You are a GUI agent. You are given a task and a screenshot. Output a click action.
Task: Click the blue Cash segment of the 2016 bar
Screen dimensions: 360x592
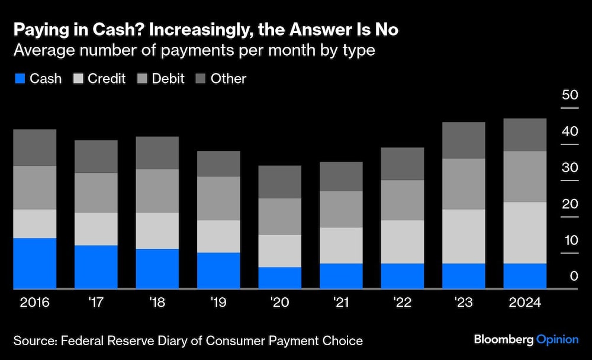pos(34,263)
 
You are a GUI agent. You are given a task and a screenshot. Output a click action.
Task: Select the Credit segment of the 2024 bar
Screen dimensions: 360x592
pos(525,233)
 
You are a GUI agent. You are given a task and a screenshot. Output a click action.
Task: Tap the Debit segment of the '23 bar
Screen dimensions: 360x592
pos(464,184)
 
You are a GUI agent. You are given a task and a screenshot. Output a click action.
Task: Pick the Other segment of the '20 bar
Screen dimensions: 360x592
pos(279,182)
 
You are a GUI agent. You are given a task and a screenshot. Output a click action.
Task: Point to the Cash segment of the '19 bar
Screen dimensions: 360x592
pos(218,271)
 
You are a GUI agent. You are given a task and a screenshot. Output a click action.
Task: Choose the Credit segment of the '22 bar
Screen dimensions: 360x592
pos(402,242)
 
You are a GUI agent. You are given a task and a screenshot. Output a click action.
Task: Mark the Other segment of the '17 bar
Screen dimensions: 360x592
pos(96,156)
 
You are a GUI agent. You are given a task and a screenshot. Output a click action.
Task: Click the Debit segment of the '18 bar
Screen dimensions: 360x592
pos(157,191)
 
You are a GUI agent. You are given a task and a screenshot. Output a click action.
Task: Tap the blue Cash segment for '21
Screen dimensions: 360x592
pos(341,276)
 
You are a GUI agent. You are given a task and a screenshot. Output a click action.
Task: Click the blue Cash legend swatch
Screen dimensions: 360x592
pos(20,79)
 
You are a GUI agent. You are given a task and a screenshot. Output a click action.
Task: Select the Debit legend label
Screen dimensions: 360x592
pos(168,79)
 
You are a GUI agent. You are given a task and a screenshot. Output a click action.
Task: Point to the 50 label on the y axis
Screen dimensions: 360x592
pos(570,95)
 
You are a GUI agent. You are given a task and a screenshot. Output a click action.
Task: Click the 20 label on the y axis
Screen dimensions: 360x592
pos(570,204)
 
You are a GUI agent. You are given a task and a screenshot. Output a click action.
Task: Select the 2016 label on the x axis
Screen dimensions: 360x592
pos(34,303)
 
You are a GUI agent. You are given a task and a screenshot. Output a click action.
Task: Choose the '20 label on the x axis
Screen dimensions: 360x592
pos(279,303)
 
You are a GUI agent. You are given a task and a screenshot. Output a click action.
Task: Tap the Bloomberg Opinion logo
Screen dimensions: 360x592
pos(526,340)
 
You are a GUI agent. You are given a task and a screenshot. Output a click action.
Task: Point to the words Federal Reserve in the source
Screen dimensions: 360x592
pos(98,340)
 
